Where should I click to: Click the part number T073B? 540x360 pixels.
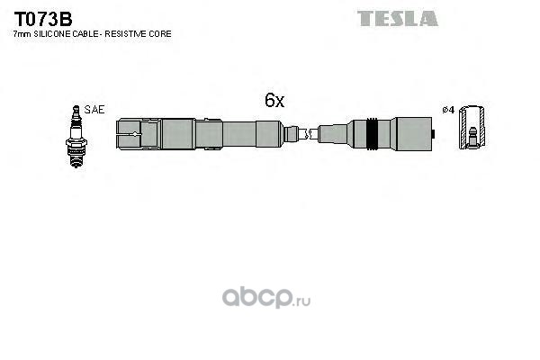coord(43,19)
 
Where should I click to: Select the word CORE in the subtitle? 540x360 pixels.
coord(160,34)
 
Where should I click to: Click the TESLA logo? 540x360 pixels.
coord(398,19)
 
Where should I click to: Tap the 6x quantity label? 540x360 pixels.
coord(274,100)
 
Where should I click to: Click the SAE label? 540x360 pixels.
coord(94,110)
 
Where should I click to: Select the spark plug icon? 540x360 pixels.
coord(76,137)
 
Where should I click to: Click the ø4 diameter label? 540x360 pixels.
coord(448,110)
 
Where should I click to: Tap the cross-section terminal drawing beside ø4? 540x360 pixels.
coord(472,128)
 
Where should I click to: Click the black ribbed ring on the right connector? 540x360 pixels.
coord(372,134)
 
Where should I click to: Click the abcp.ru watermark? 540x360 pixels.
coord(265,298)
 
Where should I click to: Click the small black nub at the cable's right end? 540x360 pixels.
coord(434,134)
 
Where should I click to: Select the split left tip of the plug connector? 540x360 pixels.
coord(129,134)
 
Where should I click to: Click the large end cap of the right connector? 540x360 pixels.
coord(414,134)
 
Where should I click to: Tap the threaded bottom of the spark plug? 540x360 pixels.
coord(76,159)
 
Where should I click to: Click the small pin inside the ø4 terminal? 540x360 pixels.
coord(473,136)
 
